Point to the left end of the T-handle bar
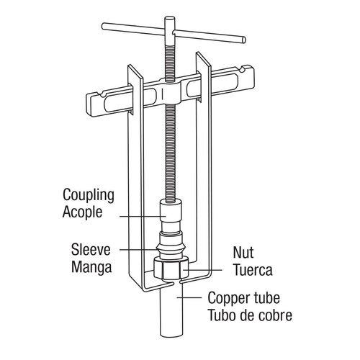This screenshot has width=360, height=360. tap(105, 27)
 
